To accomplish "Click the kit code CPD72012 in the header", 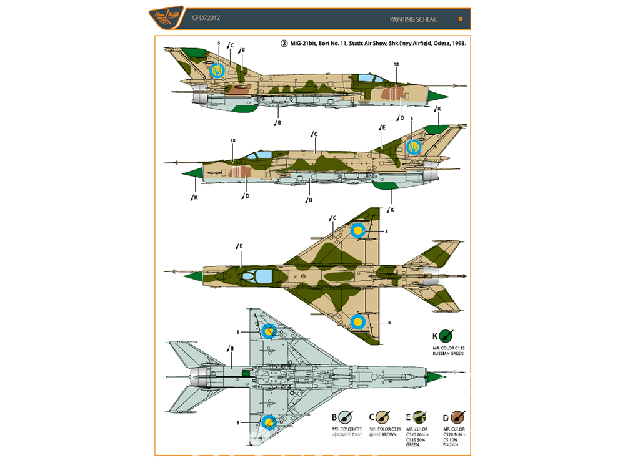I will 205,19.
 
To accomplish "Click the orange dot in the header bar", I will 461,19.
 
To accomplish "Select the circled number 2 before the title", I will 284,44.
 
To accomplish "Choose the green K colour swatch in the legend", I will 446,335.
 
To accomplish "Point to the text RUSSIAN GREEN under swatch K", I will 446,353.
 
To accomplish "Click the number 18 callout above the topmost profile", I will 396,64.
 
